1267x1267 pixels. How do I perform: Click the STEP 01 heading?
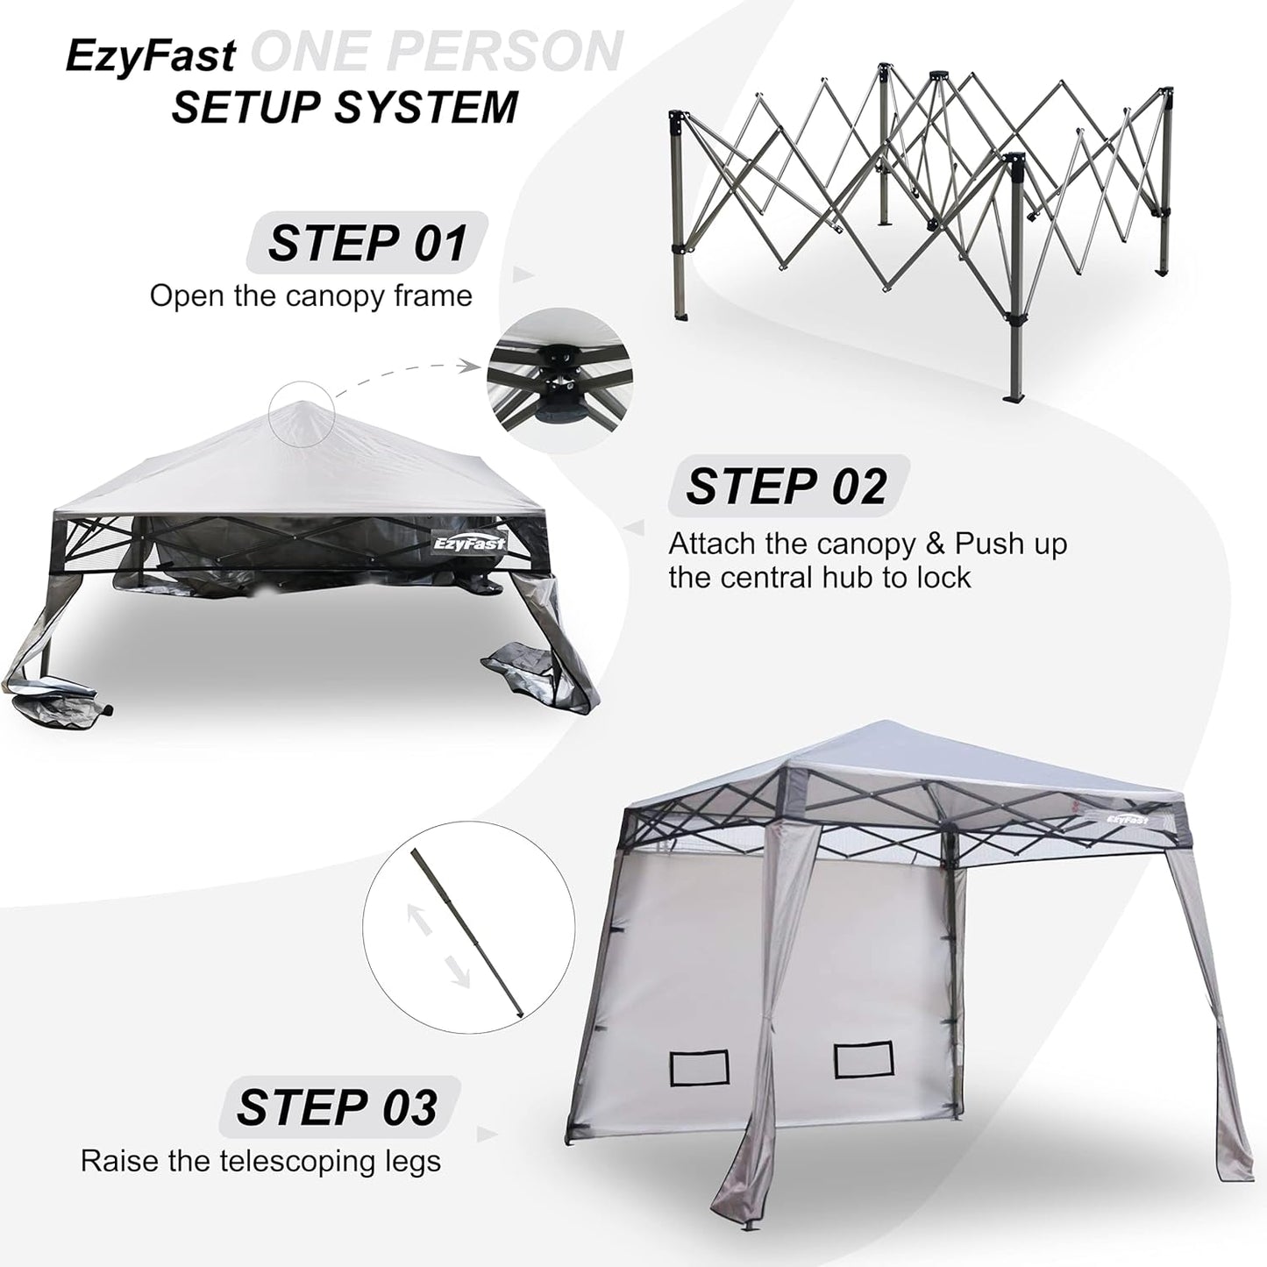367,243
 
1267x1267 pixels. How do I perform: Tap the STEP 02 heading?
787,486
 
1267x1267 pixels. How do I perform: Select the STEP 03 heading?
337,1107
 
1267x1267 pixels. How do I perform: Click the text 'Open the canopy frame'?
310,295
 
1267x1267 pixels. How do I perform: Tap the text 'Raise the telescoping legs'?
260,1161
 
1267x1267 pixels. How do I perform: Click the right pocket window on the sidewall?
863,1059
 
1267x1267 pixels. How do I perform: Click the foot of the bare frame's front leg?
1015,400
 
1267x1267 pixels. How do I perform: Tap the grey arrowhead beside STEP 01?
523,274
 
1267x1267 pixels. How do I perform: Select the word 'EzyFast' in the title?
150,55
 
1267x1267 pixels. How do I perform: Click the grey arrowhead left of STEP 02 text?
633,529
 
